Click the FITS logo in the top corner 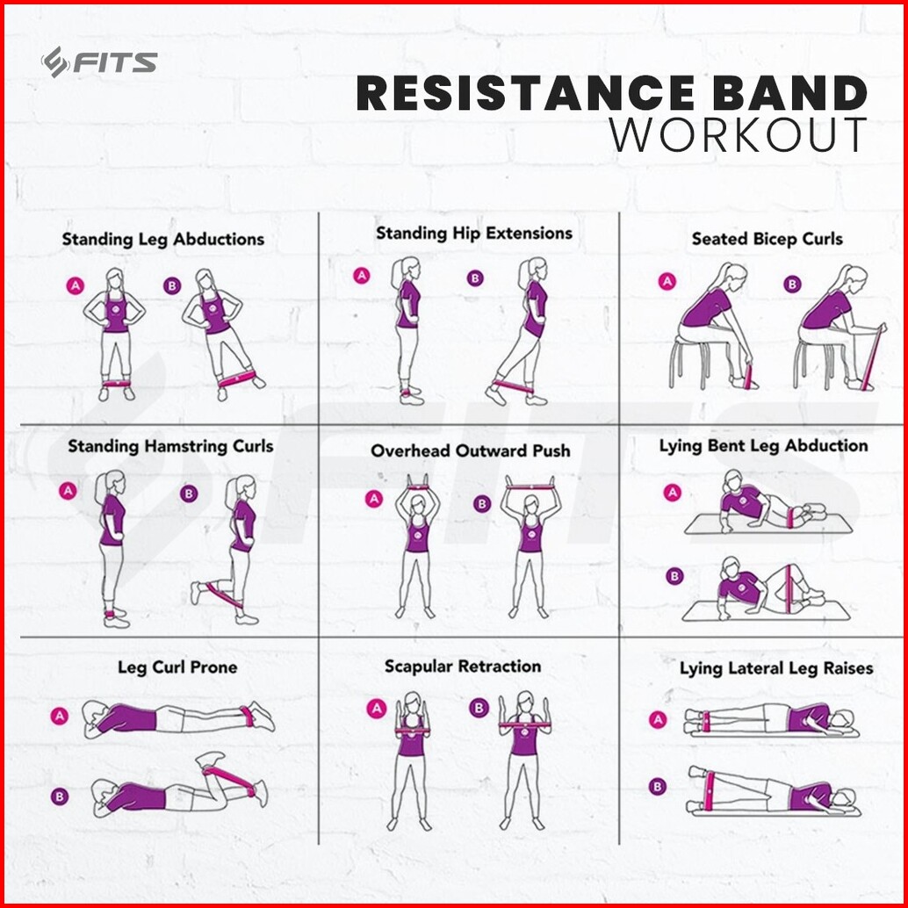click(x=99, y=62)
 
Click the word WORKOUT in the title click(x=739, y=135)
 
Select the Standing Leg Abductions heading click(x=162, y=239)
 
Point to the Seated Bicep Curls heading click(x=767, y=239)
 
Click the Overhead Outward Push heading click(x=470, y=450)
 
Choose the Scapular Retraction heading click(x=463, y=667)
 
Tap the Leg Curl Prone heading click(x=177, y=667)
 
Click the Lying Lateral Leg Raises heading click(x=776, y=669)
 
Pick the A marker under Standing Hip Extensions click(x=362, y=276)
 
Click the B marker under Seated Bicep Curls click(x=792, y=285)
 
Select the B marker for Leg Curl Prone click(x=60, y=796)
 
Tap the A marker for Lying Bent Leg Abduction click(x=672, y=493)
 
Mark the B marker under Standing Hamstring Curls click(x=189, y=494)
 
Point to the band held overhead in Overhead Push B click(x=530, y=487)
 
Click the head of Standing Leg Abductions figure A click(x=115, y=280)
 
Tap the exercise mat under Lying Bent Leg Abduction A click(x=769, y=523)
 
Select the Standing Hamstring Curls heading click(x=170, y=446)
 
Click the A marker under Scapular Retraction click(x=377, y=708)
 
